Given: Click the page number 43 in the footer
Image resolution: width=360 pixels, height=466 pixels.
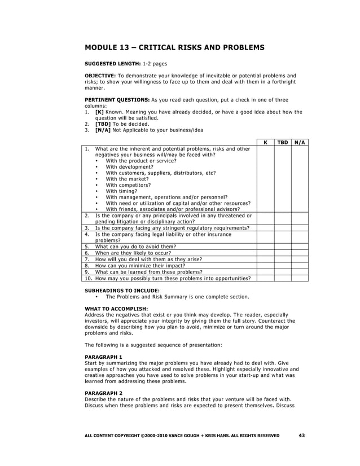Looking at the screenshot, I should pyautogui.click(x=301, y=435).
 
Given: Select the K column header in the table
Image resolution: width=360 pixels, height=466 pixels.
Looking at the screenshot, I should pyautogui.click(x=265, y=143).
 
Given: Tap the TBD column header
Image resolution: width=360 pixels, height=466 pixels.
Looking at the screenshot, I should pyautogui.click(x=282, y=143).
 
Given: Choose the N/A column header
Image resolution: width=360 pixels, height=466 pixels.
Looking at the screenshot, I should pyautogui.click(x=300, y=143).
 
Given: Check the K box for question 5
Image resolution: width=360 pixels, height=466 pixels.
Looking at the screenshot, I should pyautogui.click(x=265, y=247).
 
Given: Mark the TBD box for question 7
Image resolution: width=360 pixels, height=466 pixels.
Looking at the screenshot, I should pyautogui.click(x=282, y=259).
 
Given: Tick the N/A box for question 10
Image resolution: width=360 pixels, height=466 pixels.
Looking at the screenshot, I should pyautogui.click(x=300, y=278).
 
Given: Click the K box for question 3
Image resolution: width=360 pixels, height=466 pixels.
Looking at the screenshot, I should pyautogui.click(x=265, y=228).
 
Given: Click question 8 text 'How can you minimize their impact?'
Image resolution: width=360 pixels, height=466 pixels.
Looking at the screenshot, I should pyautogui.click(x=143, y=265).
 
